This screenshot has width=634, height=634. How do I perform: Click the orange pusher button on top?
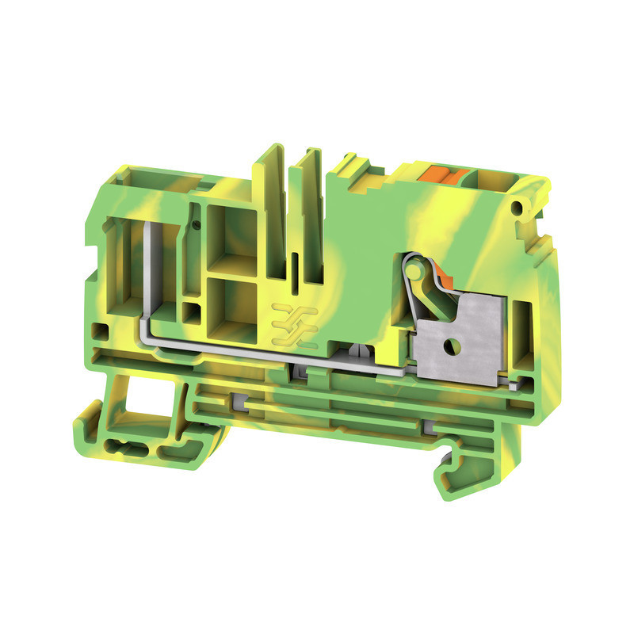[x=434, y=174]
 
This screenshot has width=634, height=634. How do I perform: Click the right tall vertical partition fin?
[x=307, y=214]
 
